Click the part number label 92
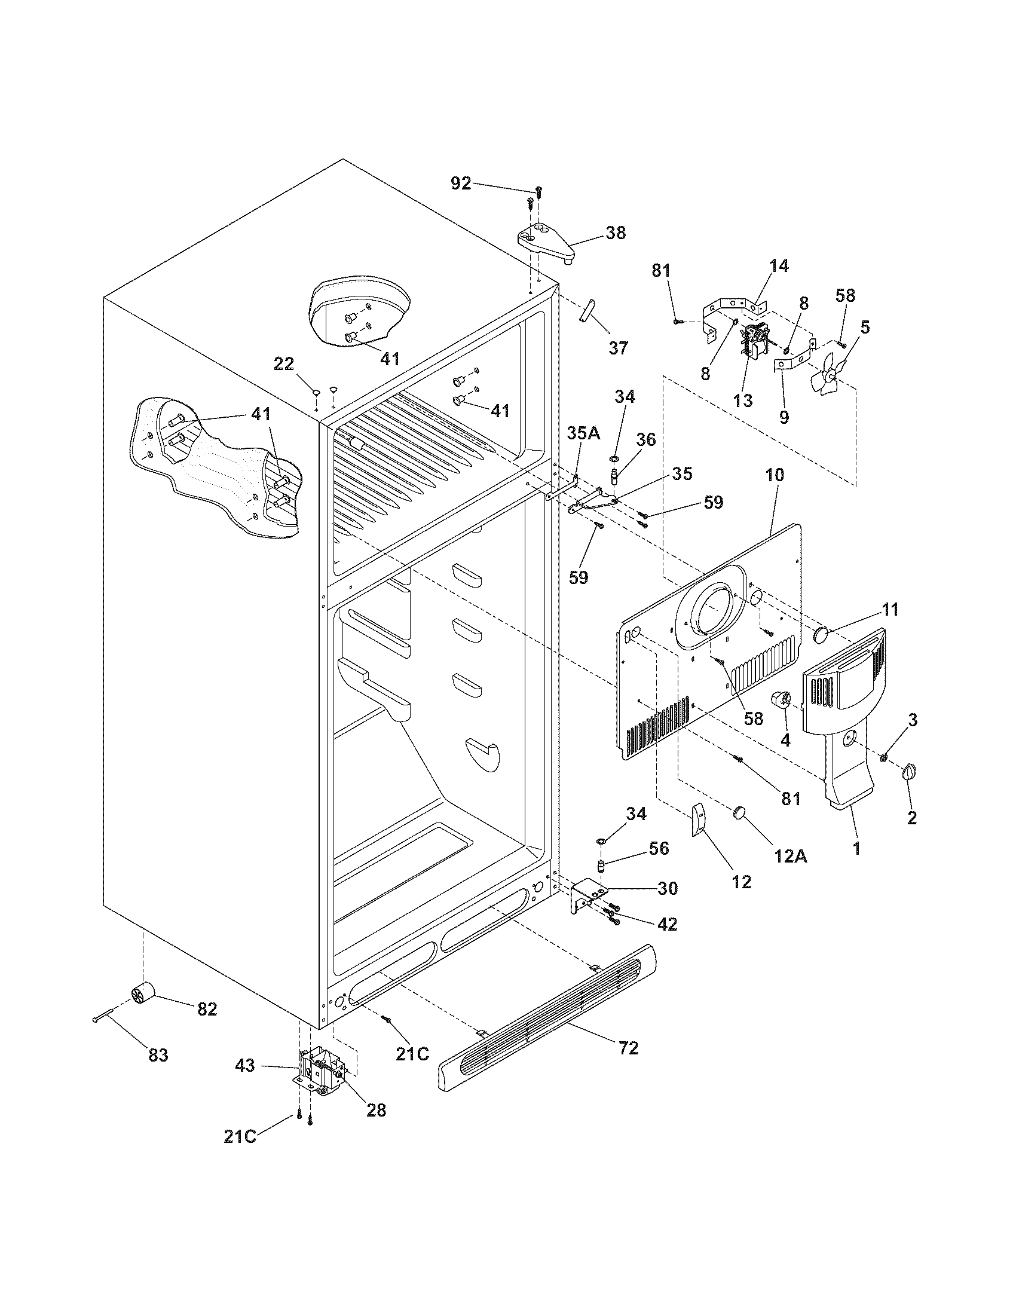click(x=461, y=183)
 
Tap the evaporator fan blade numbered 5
click(x=825, y=378)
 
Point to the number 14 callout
click(x=779, y=265)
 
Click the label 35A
click(x=583, y=433)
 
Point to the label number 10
click(x=775, y=475)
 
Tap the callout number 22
click(x=284, y=363)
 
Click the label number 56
click(x=659, y=848)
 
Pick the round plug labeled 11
click(x=821, y=634)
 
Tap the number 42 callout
click(x=667, y=923)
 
